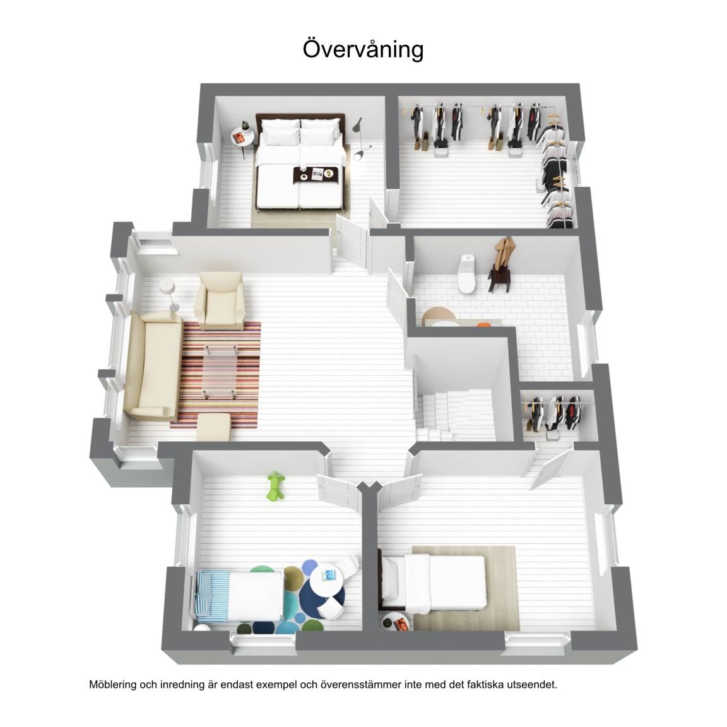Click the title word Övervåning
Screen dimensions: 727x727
363,49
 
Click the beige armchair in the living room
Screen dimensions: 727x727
220,301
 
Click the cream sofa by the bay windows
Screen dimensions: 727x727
153,365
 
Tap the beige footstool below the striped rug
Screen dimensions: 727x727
213,427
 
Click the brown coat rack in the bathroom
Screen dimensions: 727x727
502,265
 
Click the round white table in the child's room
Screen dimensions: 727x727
328,577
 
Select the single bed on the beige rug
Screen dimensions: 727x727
433,582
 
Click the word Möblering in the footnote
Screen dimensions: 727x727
113,685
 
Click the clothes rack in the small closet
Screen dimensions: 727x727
554,413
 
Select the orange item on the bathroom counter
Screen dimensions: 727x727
483,324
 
